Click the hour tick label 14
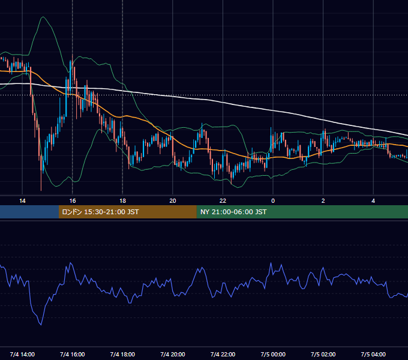coord(22,201)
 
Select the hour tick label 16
coord(73,201)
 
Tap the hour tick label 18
coord(122,201)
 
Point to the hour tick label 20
coord(173,201)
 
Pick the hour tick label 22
coord(223,201)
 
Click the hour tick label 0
coord(273,201)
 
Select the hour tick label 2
coord(323,201)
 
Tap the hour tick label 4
coord(373,201)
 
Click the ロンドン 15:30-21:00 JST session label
coord(100,212)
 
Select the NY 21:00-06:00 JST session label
coord(233,212)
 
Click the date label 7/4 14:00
coord(22,355)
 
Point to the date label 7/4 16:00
coord(73,355)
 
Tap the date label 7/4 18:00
coord(122,355)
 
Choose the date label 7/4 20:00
coord(173,355)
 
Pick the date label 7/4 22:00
coord(223,355)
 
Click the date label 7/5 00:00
coord(273,355)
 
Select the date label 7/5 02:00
coord(323,355)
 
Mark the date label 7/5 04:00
coord(373,355)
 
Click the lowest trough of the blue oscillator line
coord(41,325)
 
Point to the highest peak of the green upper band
coord(43,17)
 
